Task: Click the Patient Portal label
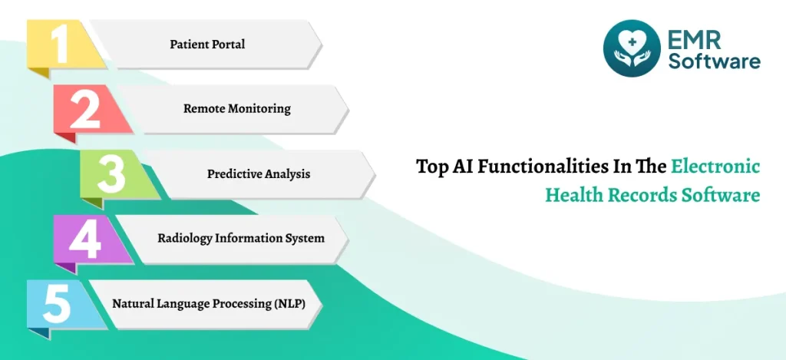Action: (x=207, y=44)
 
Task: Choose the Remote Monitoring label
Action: (x=236, y=109)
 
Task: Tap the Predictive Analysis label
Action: (x=259, y=174)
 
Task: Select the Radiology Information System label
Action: (x=241, y=238)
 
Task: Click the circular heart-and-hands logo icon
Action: (x=632, y=48)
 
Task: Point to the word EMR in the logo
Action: (x=694, y=38)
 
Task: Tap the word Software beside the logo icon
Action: (x=715, y=61)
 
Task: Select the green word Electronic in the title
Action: (x=715, y=166)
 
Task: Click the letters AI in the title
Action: (x=462, y=166)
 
